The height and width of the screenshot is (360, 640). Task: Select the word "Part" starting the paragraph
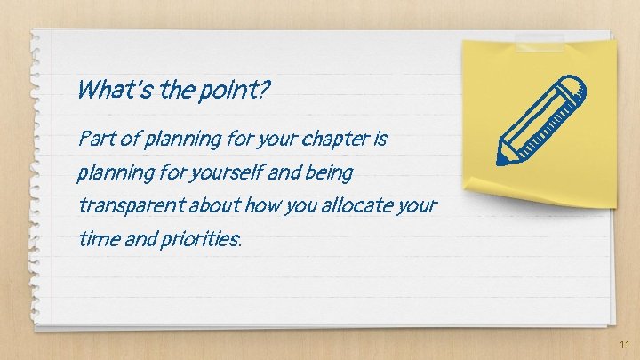pyautogui.click(x=93, y=140)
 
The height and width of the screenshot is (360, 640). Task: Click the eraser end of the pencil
pyautogui.click(x=575, y=84)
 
